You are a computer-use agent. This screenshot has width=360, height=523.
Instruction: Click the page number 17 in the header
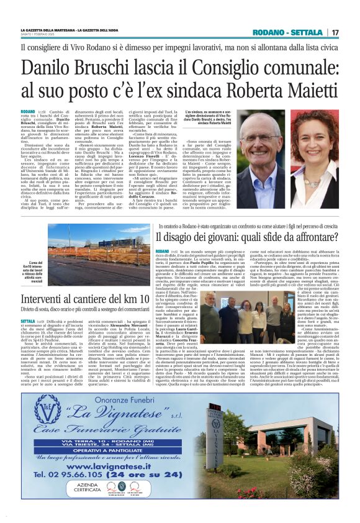[335, 32]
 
